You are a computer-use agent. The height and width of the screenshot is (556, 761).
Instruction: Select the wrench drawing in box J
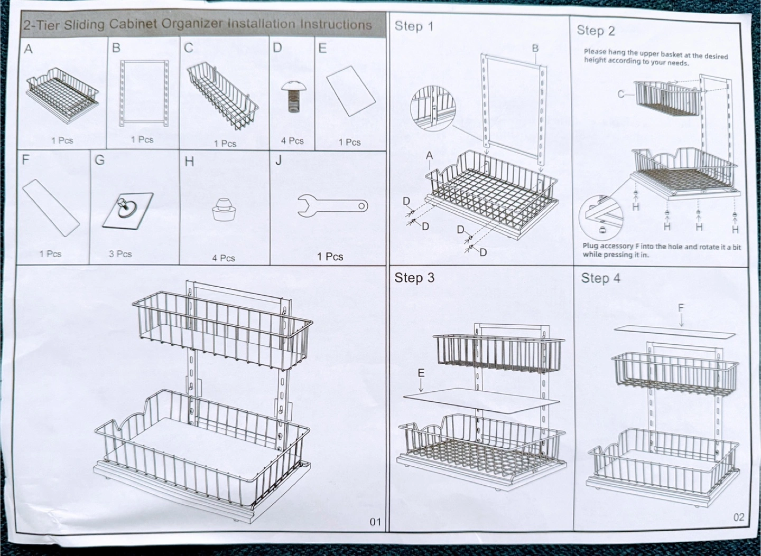pos(332,205)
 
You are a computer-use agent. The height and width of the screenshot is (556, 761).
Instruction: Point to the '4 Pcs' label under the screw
pos(292,140)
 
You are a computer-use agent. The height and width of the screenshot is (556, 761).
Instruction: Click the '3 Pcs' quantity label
pos(120,254)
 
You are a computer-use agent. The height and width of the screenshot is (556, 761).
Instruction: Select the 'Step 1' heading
pos(414,26)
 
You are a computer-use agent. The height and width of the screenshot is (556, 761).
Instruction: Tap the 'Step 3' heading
pos(414,278)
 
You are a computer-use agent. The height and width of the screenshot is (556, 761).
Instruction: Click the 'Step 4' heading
pos(600,278)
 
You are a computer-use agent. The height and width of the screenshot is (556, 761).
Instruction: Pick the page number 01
pos(375,522)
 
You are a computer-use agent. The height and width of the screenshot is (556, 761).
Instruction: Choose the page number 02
pos(739,517)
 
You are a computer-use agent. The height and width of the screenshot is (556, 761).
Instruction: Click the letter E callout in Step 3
pos(421,373)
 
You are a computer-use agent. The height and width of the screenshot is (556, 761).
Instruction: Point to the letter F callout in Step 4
pos(681,308)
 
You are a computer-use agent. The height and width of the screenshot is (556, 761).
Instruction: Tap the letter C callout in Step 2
pos(620,94)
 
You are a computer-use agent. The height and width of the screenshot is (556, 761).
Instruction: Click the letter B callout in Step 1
pos(535,48)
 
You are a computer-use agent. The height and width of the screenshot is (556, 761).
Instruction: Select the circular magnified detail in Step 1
pos(432,108)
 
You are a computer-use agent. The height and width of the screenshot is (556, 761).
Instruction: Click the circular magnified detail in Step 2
pos(601,217)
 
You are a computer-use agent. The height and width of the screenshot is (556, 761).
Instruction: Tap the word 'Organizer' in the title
pos(192,24)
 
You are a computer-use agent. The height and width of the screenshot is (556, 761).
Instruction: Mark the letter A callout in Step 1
pos(430,155)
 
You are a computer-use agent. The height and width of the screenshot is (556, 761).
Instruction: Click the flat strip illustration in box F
pos(51,208)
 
